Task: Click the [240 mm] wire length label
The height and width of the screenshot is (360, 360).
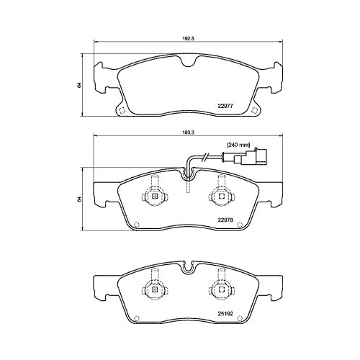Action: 238,146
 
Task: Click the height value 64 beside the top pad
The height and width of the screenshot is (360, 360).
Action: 78,85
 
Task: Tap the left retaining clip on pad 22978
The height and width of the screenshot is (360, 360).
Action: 153,194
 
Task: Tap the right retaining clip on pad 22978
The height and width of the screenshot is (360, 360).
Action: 218,194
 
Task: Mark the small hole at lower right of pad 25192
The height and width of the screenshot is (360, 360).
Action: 248,319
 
